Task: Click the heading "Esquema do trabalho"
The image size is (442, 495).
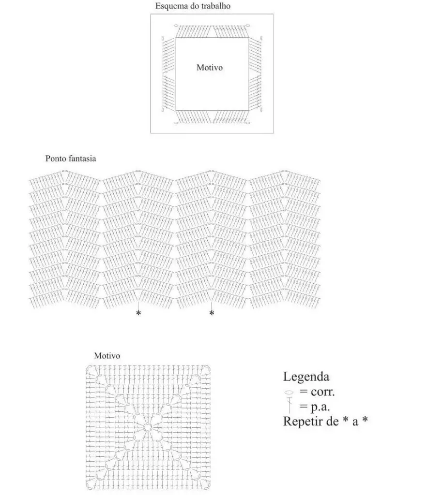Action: pos(193,6)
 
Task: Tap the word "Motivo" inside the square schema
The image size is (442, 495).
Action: pos(210,67)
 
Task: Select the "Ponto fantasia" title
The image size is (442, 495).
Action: pos(71,158)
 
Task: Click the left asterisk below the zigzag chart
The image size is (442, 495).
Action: pos(138,313)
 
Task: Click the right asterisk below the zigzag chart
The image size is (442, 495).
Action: pos(212,313)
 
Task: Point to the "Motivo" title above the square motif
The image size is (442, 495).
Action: pos(107,356)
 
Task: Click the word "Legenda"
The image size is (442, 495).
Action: pos(306,377)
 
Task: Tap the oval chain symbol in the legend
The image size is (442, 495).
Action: pos(289,393)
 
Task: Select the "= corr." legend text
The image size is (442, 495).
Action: pos(317,392)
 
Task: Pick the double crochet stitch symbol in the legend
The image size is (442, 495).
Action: pos(290,406)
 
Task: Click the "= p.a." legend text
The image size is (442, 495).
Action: pos(315,407)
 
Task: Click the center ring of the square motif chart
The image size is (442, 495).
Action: pos(147,427)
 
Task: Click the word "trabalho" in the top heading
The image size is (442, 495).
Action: pos(215,6)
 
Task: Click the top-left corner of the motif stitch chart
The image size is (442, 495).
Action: pos(86,365)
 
